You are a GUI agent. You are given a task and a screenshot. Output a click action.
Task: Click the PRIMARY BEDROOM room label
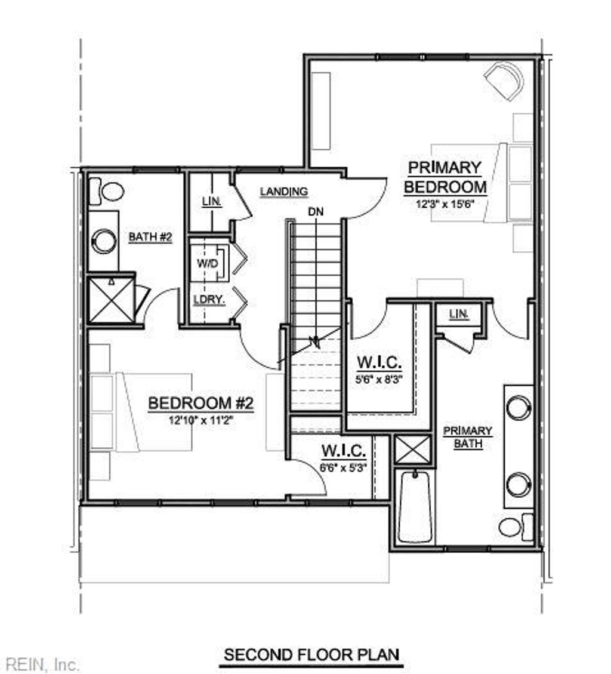pos(445,177)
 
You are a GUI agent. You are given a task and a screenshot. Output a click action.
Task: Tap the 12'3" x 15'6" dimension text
pos(445,203)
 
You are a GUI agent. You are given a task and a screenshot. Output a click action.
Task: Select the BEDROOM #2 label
pos(201,404)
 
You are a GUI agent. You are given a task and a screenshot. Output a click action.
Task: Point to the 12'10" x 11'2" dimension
pos(201,420)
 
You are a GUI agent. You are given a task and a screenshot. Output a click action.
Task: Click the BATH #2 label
pos(150,237)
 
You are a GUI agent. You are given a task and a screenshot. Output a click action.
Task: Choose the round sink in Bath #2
pos(103,241)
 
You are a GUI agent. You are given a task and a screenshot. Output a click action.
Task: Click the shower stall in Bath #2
pos(112,301)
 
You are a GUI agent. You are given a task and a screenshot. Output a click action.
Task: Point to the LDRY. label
pos(209,300)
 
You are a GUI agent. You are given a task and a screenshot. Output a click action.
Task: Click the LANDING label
pos(284,192)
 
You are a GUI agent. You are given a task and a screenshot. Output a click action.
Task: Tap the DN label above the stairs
pos(316,211)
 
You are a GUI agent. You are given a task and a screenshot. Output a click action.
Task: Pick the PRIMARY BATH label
pos(467,437)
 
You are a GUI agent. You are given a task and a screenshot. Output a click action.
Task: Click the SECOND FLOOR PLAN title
pos(311,654)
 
